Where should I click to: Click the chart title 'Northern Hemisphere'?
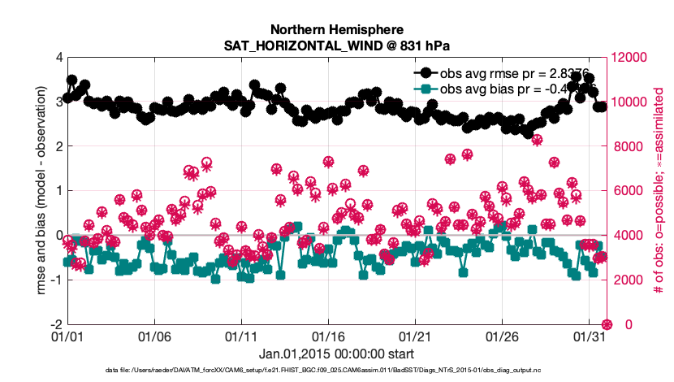click(336, 28)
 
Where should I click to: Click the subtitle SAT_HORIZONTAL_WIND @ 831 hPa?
click(336, 44)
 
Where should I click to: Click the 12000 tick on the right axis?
click(632, 58)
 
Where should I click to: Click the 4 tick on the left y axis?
click(58, 58)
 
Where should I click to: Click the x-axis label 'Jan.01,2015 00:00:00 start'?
click(336, 354)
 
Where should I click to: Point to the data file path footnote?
click(336, 371)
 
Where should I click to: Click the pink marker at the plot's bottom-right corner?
click(606, 324)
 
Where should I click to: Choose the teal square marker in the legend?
click(426, 88)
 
